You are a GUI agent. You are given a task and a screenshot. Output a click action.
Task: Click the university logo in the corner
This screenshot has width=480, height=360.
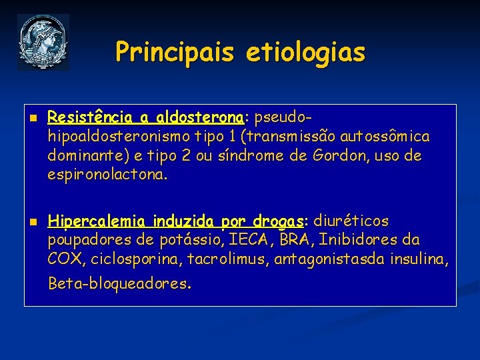click(x=43, y=42)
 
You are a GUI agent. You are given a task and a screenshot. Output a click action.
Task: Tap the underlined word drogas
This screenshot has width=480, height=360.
click(x=279, y=221)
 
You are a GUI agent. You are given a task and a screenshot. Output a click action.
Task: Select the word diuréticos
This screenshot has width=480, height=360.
click(x=351, y=221)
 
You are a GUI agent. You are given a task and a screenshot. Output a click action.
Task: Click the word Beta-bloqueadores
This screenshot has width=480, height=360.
click(x=119, y=283)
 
